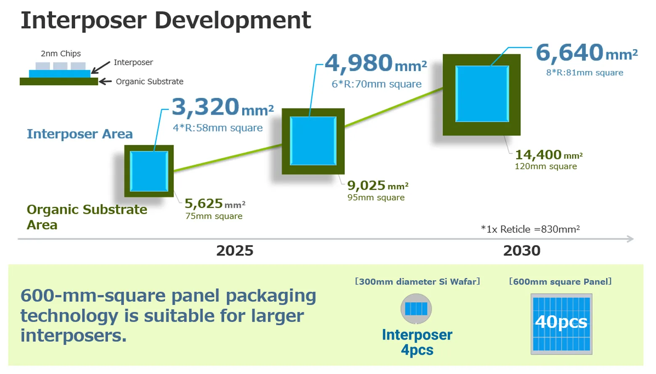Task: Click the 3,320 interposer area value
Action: coord(222,108)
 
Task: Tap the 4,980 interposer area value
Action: coord(376,63)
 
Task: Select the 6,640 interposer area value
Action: coord(587,53)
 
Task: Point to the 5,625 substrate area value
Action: coord(215,204)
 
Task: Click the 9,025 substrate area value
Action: coord(378,186)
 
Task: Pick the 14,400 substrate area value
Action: coord(549,155)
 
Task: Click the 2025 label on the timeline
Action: coord(235,251)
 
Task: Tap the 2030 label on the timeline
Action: coord(521,251)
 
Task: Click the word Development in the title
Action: coord(233,21)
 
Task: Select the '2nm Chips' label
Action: coord(61,53)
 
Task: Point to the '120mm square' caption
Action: coord(546,166)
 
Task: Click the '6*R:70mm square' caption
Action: coord(377,84)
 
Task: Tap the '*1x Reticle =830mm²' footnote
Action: coord(530,229)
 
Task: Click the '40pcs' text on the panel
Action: coord(561,322)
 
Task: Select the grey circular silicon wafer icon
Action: coord(416,309)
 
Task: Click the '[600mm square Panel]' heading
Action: coord(560,282)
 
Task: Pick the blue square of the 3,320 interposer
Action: coord(149,171)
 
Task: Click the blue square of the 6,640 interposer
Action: coord(482,94)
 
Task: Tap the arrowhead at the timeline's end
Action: coord(631,239)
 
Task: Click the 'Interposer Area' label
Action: coord(79,134)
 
